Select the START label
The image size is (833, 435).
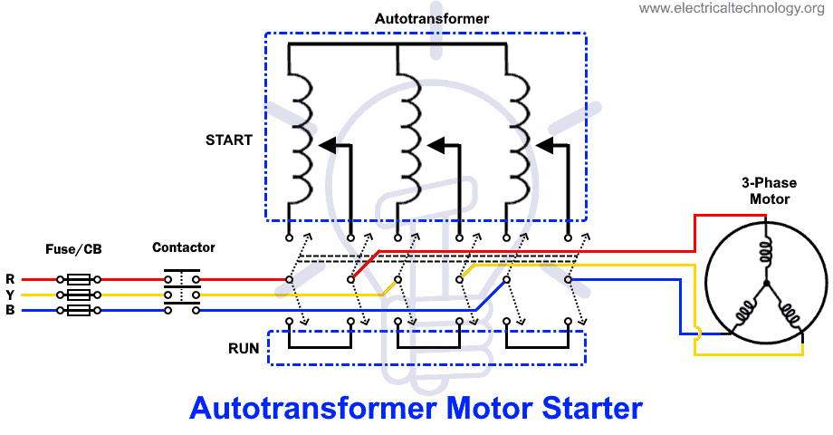point(229,140)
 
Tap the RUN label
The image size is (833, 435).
point(244,348)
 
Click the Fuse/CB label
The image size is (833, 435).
point(72,247)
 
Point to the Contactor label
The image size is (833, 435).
point(184,247)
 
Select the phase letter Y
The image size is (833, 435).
point(10,295)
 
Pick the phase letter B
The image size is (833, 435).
point(10,311)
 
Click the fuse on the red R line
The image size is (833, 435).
point(78,280)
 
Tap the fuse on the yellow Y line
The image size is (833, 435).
point(78,295)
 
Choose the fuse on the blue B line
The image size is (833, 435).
point(78,311)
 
